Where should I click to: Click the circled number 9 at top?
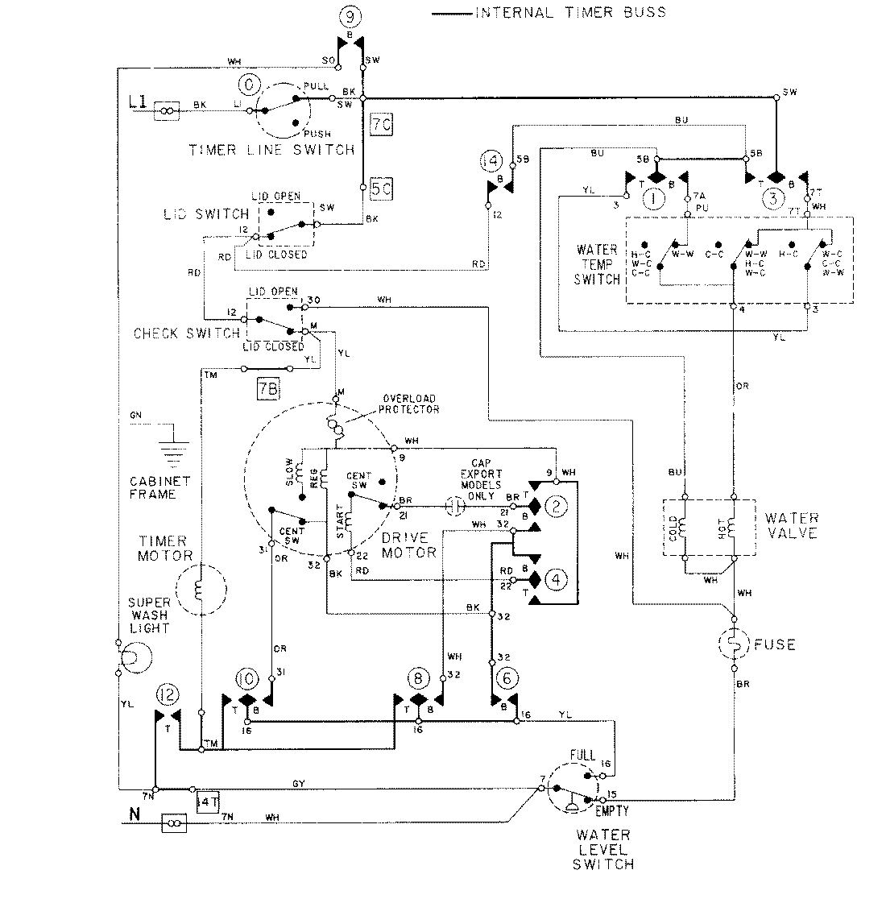(x=348, y=15)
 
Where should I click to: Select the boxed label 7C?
(x=381, y=124)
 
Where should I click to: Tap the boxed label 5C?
(x=381, y=191)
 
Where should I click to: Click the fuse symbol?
(x=735, y=644)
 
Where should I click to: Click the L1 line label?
(x=136, y=102)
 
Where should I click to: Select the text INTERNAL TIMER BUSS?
(x=570, y=12)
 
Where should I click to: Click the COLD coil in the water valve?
(x=682, y=528)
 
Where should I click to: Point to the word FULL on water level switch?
(x=582, y=756)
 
